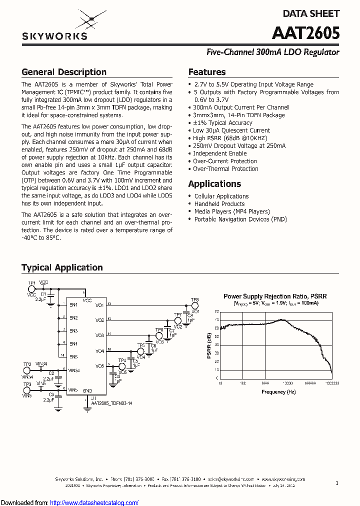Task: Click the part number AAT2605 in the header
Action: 305,33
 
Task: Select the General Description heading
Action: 64,72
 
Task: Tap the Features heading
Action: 207,72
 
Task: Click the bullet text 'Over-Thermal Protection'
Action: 225,169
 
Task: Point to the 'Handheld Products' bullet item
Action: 219,204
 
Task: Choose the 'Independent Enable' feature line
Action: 219,153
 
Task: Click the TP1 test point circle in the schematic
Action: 31,289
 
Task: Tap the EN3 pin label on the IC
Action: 73,331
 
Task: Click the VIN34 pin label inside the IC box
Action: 74,370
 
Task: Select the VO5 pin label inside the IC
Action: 100,366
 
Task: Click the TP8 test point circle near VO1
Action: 195,305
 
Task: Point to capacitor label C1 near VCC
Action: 43,294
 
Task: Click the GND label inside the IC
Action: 87,390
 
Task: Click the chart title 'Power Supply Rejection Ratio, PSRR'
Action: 275,296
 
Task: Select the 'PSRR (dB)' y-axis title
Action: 209,345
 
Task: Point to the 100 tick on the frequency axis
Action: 242,383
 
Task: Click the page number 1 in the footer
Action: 337,483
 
